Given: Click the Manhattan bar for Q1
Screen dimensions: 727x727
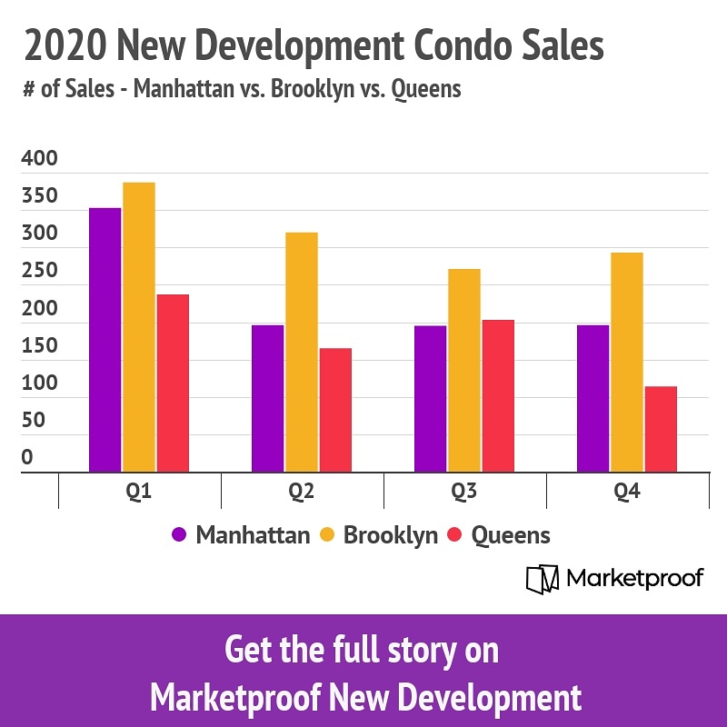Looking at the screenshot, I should pyautogui.click(x=105, y=340).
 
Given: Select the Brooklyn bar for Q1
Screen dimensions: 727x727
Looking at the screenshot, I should pyautogui.click(x=139, y=327).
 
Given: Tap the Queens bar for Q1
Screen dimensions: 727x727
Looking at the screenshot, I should pyautogui.click(x=173, y=383).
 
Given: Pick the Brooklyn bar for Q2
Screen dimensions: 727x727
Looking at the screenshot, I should pyautogui.click(x=302, y=352).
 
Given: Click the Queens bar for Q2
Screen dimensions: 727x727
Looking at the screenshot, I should pyautogui.click(x=335, y=410).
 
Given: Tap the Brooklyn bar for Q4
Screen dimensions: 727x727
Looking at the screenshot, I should pyautogui.click(x=627, y=362).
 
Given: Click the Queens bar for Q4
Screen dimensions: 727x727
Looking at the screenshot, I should pyautogui.click(x=661, y=429).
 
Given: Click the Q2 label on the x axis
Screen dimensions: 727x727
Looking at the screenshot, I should pyautogui.click(x=302, y=492).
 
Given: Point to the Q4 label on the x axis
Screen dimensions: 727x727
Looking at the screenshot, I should pyautogui.click(x=627, y=492).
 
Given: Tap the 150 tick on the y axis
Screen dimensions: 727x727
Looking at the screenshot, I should pyautogui.click(x=39, y=346).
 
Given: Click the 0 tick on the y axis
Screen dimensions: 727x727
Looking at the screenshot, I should pyautogui.click(x=27, y=458).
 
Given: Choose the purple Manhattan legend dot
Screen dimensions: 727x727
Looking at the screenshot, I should pyautogui.click(x=180, y=535).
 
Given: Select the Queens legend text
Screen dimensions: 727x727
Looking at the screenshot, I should pyautogui.click(x=511, y=535).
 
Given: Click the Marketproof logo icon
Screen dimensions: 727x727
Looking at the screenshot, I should pyautogui.click(x=542, y=579).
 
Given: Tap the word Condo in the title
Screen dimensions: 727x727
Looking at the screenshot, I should pyautogui.click(x=471, y=45).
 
